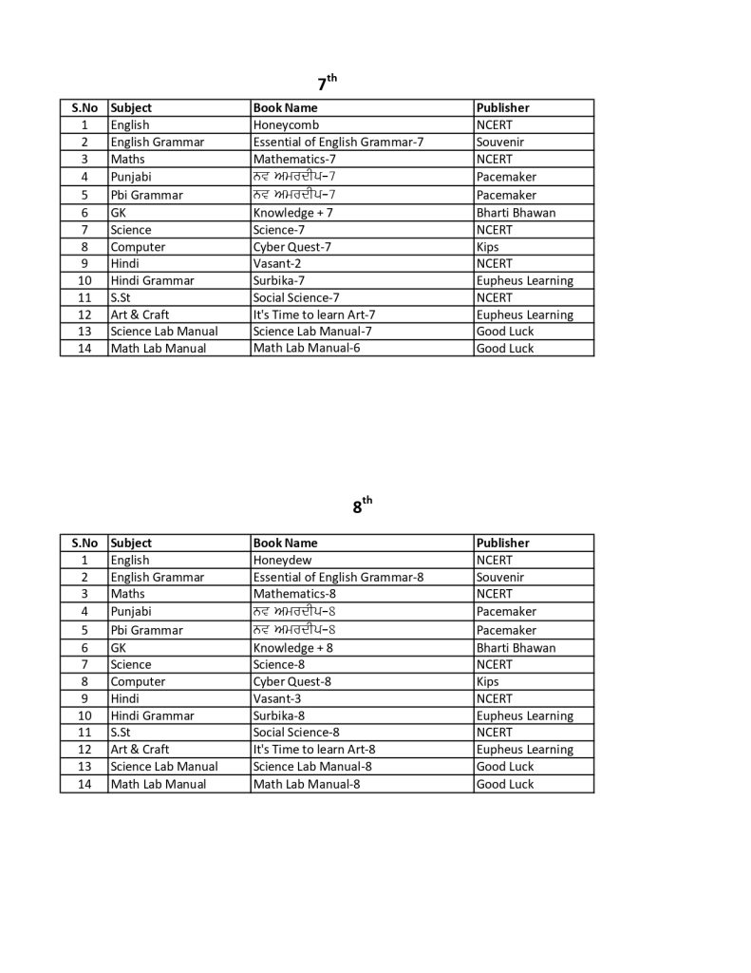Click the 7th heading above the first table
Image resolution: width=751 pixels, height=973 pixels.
pos(327,83)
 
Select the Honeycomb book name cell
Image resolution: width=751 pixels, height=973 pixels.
pos(286,124)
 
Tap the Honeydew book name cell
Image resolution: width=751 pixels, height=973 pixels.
pos(282,560)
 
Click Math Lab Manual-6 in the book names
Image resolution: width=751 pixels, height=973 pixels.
pos(307,348)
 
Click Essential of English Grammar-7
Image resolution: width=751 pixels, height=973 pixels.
pos(338,142)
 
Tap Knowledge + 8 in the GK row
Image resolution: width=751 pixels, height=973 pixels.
pos(292,648)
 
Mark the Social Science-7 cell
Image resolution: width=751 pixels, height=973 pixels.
pos(296,297)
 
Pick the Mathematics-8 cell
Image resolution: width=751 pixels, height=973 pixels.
pos(294,594)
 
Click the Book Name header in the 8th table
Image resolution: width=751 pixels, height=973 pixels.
pos(285,543)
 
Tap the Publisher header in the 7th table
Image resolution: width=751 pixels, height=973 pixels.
pos(503,107)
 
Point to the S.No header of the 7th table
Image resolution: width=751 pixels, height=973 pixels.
pos(84,107)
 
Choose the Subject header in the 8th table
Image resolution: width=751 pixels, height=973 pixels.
pos(131,543)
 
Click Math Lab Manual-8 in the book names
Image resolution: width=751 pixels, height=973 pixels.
pos(307,784)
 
